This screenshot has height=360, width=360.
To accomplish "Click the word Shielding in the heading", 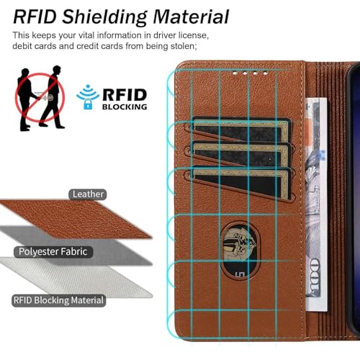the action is pyautogui.click(x=104, y=17).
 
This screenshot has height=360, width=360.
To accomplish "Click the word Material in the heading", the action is pyautogui.click(x=191, y=17).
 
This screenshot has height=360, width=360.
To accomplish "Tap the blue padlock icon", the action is pyautogui.click(x=88, y=104).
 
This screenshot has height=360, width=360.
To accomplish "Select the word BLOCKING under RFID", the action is pyautogui.click(x=125, y=107).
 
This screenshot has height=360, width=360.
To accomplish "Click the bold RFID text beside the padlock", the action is pyautogui.click(x=125, y=95).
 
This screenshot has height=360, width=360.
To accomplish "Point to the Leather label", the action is pyautogui.click(x=88, y=194).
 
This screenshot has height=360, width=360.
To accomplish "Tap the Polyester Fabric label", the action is pyautogui.click(x=53, y=252).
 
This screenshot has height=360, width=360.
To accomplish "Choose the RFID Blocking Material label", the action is pyautogui.click(x=58, y=300).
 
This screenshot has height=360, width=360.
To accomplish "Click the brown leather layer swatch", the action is pyautogui.click(x=76, y=219).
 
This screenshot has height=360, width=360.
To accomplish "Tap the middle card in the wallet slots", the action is pyautogui.click(x=241, y=156).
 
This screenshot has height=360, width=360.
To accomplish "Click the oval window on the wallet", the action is pyautogui.click(x=240, y=251).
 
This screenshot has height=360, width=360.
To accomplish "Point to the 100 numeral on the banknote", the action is pyautogui.click(x=315, y=276).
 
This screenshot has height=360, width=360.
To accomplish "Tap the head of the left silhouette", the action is pyautogui.click(x=25, y=72).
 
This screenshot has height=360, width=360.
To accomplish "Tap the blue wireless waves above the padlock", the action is pyautogui.click(x=88, y=93).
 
